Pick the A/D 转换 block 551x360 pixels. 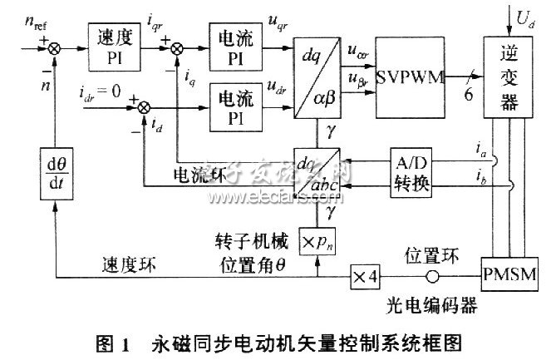(x=412, y=173)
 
